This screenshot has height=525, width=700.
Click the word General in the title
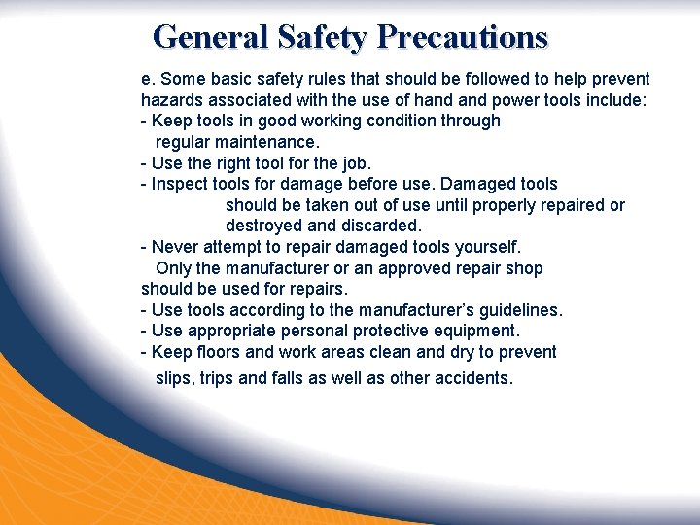pos(211,37)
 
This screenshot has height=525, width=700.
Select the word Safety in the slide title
pos(323,37)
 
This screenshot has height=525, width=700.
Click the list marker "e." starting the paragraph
pos(148,79)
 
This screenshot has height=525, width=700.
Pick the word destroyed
pos(263,226)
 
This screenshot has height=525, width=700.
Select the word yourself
pos(487,247)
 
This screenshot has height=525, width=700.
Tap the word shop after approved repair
pos(524,268)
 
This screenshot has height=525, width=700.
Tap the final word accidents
pos(472,378)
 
